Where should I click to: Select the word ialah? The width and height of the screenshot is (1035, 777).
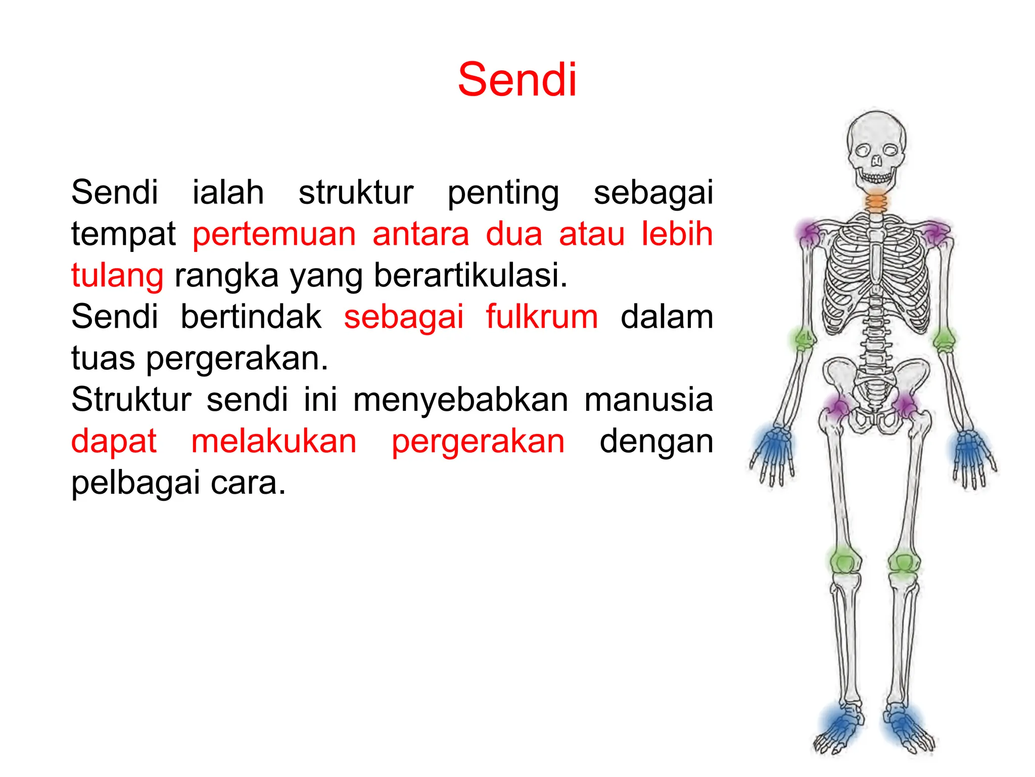pos(228,193)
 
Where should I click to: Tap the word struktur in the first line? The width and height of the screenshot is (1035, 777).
pos(356,193)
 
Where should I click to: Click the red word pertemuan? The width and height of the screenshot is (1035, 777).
pos(274,235)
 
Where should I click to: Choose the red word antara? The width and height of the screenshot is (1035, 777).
pos(421,234)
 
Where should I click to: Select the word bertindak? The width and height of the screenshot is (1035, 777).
pos(251,317)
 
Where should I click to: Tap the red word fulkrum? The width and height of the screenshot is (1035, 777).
pos(542,317)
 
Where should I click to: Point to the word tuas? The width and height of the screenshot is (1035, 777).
pos(103,359)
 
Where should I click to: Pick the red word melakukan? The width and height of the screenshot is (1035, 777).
pos(274,442)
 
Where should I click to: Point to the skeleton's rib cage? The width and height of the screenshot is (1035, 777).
pos(876,273)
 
